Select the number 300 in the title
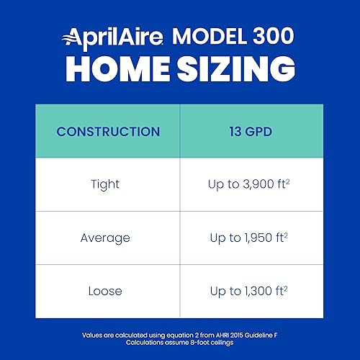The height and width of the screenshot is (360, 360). (267, 37)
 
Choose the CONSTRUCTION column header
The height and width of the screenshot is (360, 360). (108, 132)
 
